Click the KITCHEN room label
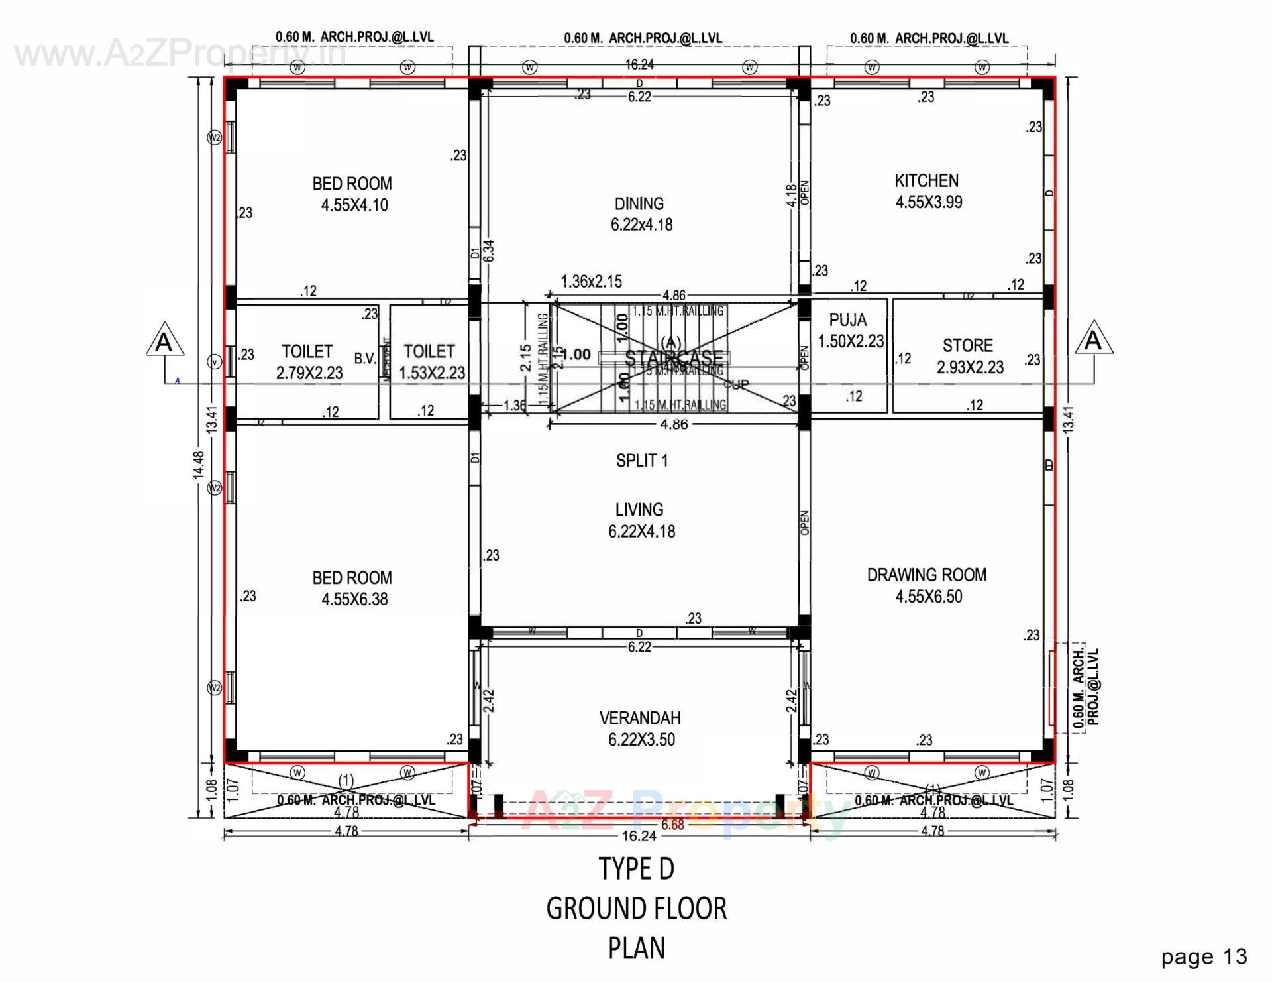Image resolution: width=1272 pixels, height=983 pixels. coord(926,181)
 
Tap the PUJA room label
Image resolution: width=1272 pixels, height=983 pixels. coord(847,320)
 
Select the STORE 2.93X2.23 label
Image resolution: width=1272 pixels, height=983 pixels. coord(969,357)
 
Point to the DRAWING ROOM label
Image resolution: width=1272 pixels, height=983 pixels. coord(926,575)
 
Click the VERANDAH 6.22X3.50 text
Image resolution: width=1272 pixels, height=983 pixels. coord(640,729)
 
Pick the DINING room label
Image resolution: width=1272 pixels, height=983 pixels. coord(639,203)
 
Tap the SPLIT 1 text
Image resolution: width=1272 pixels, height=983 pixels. coord(641,461)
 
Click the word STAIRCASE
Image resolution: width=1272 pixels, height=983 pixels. coord(673,359)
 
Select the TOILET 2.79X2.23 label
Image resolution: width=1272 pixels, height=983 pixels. coord(308,362)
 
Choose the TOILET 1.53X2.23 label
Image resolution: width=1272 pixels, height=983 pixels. coord(431,362)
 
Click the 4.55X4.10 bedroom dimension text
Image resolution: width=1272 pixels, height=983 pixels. coord(354,205)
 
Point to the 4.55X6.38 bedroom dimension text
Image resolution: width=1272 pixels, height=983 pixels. coord(354,599)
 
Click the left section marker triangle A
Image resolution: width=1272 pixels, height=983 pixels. coord(164,343)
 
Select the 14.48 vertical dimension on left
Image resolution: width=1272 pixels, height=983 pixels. coord(199,468)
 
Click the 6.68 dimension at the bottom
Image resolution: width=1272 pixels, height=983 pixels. coord(672,825)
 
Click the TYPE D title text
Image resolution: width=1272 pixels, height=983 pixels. coord(636,869)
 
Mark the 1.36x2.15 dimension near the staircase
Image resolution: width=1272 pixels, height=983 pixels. coord(591,282)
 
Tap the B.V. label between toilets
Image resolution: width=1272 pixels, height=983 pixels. coord(364,359)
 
